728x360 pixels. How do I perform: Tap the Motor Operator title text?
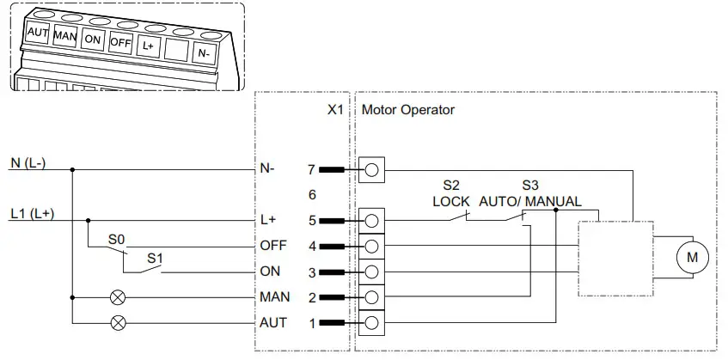click(408, 110)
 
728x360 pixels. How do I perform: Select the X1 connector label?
click(335, 110)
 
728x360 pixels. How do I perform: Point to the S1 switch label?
click(155, 257)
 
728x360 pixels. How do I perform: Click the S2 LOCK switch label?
click(451, 193)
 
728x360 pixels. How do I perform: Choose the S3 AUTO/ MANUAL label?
click(529, 193)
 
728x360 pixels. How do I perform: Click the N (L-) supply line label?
click(28, 163)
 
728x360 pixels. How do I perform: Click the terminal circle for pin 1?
click(371, 323)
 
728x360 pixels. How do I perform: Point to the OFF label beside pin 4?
click(272, 246)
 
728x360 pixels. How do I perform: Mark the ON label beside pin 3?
click(269, 272)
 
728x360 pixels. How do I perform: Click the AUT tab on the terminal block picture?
click(38, 33)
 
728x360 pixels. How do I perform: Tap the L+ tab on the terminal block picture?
click(148, 44)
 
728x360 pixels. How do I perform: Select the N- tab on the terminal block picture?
click(203, 52)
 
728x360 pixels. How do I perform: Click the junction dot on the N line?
click(72, 169)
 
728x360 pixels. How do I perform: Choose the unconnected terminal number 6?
click(312, 194)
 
